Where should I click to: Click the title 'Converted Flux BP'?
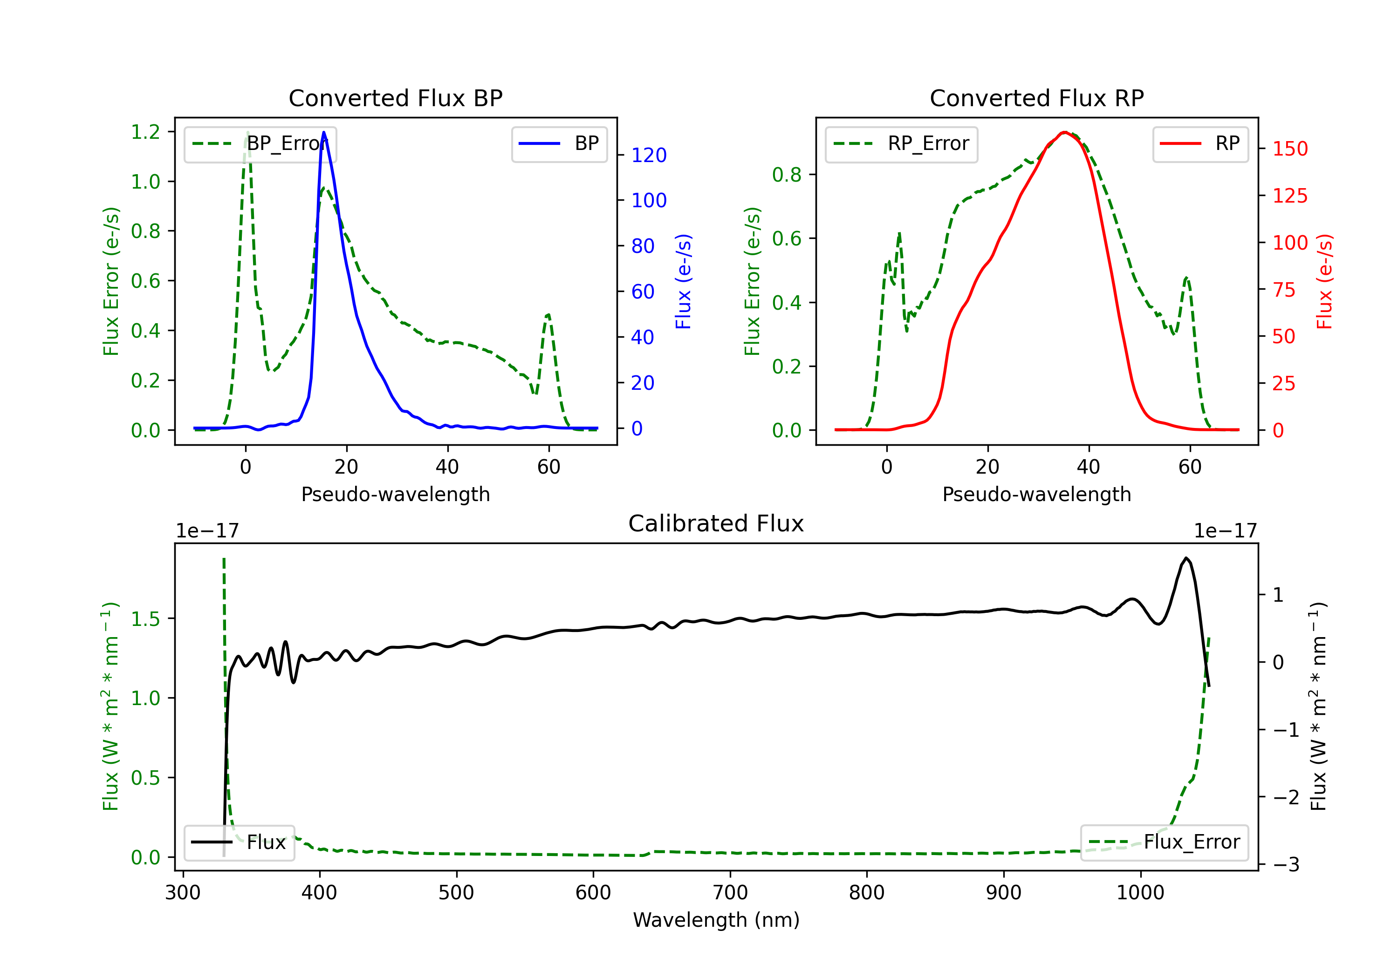(x=395, y=98)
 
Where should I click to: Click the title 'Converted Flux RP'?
(x=1036, y=98)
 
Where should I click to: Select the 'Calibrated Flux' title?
(x=716, y=523)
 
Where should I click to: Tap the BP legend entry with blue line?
(x=559, y=143)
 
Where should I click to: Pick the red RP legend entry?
(x=1200, y=143)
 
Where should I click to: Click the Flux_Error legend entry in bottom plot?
(x=1164, y=842)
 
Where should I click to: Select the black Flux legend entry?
(x=239, y=842)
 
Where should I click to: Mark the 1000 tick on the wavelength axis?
(x=1140, y=893)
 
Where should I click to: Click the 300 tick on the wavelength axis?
(x=183, y=893)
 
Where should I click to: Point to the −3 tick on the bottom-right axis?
(x=1287, y=865)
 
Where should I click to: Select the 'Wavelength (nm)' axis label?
(x=716, y=920)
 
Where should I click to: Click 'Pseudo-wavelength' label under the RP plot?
(x=1036, y=494)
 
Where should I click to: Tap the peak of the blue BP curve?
(x=323, y=132)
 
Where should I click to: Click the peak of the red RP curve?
(x=1064, y=132)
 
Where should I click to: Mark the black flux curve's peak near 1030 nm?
(x=1186, y=558)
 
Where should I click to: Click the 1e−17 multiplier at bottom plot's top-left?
(x=207, y=531)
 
